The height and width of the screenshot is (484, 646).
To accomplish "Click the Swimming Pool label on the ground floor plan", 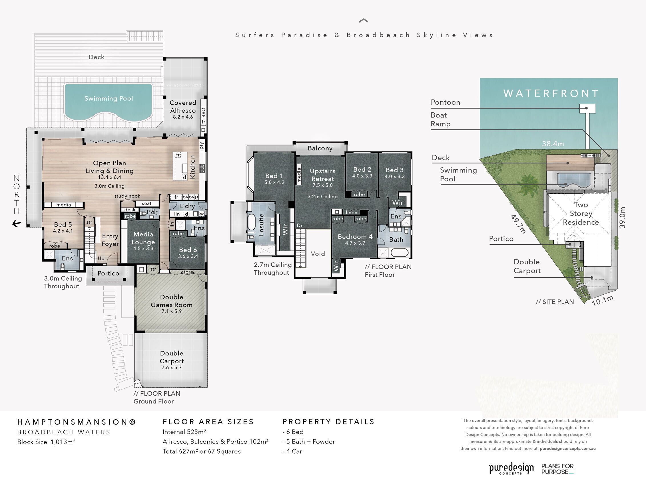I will click(109, 99).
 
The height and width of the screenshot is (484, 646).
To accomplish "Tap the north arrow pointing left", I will click(17, 224).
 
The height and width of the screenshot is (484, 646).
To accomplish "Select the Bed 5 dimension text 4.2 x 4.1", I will click(63, 231).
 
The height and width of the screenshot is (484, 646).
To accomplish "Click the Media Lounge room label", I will click(143, 238).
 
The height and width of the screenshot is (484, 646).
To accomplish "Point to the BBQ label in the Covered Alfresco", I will click(203, 112).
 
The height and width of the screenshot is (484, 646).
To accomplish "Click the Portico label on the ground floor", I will click(108, 273).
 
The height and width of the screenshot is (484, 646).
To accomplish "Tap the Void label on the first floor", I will click(318, 254).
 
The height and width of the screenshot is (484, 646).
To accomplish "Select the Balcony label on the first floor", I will click(320, 148).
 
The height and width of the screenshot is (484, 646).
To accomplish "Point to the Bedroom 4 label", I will click(355, 237).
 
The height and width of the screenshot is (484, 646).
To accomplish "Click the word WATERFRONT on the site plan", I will click(551, 93).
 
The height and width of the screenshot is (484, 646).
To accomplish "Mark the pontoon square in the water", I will click(587, 108).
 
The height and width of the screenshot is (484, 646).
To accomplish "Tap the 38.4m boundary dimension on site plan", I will click(553, 144).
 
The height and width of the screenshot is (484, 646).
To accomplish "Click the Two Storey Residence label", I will click(581, 214).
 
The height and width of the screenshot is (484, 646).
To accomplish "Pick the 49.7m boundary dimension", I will click(518, 224).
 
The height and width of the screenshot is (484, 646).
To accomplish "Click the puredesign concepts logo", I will click(511, 468).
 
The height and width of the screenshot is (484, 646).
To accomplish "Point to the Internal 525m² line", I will click(184, 432).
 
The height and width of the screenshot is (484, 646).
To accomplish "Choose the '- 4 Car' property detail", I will click(292, 451).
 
